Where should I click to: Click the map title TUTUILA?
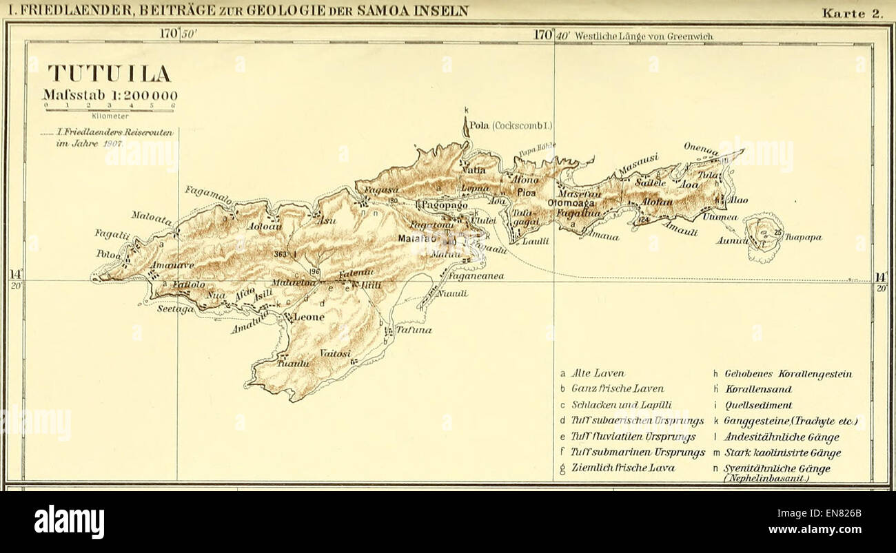(x=109, y=74)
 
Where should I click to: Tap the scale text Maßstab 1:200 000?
(x=110, y=96)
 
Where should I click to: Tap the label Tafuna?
(x=414, y=330)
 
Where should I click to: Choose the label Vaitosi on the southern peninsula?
(x=335, y=354)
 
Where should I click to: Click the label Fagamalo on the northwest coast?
(x=208, y=194)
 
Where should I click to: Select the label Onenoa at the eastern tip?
(x=701, y=149)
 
